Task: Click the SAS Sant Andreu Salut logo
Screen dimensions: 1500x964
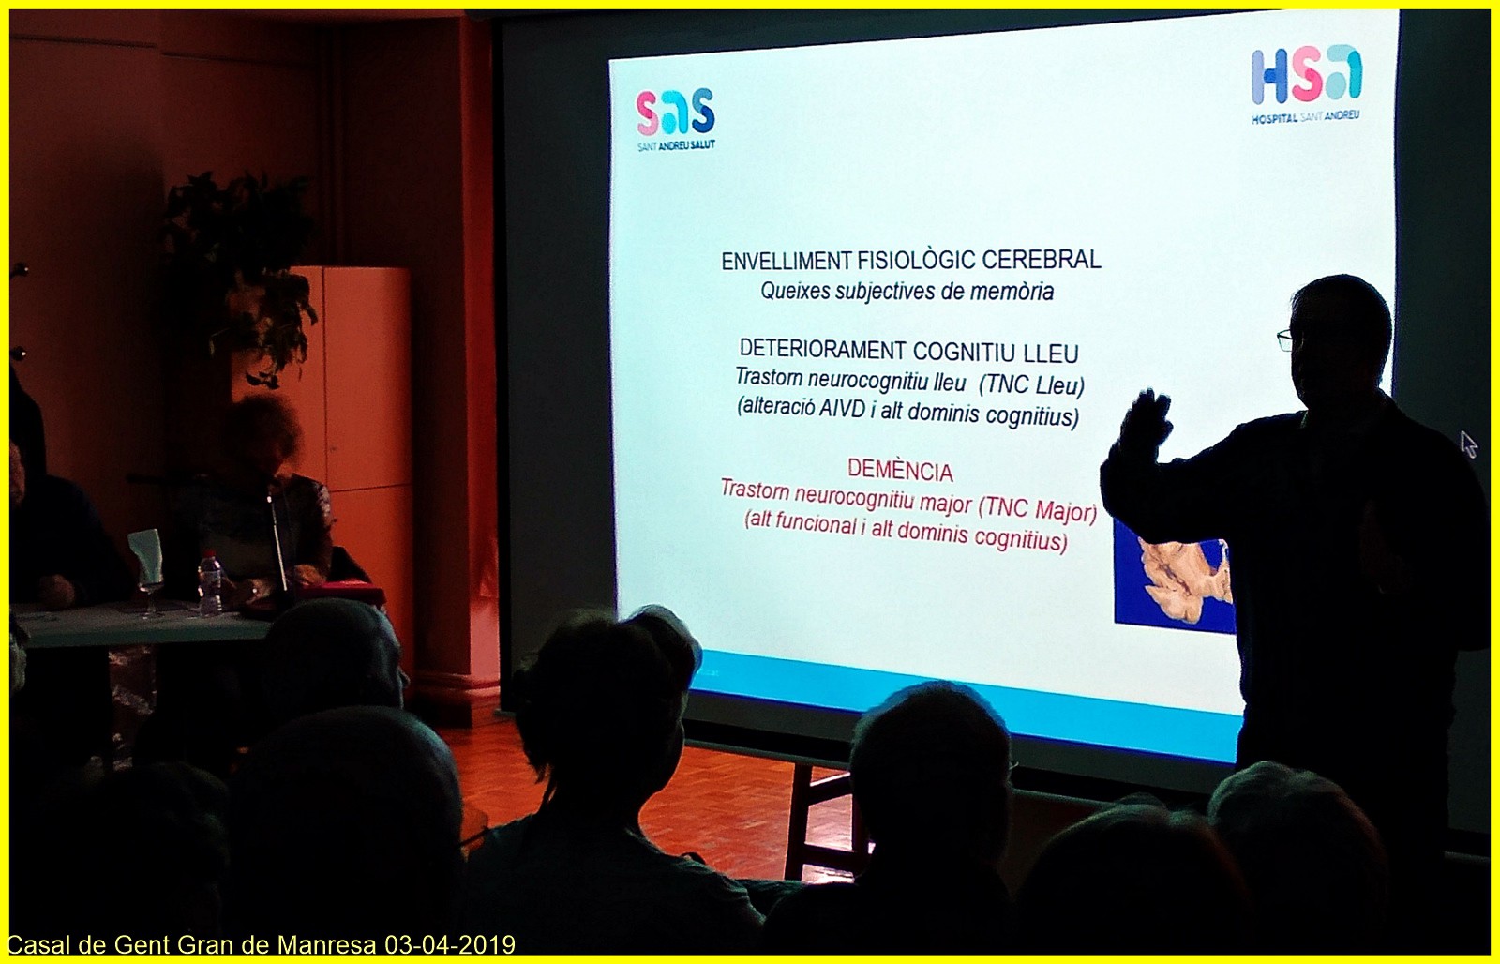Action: pos(676,119)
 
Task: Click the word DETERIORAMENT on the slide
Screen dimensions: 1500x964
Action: pos(822,350)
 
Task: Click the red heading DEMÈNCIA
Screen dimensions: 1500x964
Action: pos(900,470)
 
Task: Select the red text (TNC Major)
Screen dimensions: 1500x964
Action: pos(1037,510)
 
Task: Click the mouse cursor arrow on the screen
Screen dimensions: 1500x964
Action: pos(1468,444)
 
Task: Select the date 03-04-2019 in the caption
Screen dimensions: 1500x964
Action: pos(450,944)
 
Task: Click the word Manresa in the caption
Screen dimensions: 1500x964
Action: pos(327,944)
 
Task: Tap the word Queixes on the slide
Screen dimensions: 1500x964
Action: pos(795,291)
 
